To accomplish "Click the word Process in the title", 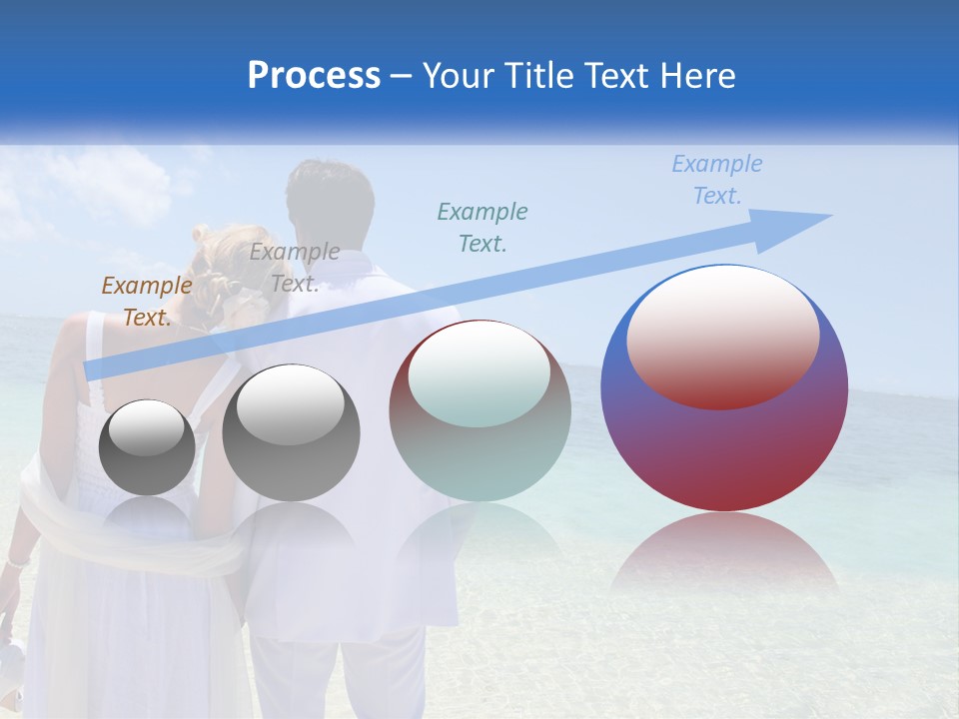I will click(x=314, y=76).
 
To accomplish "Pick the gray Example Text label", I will click(x=294, y=268).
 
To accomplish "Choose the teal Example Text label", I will click(x=482, y=227).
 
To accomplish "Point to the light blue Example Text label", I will click(x=716, y=180).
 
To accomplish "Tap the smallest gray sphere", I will click(x=147, y=447).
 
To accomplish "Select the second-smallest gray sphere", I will click(x=291, y=433).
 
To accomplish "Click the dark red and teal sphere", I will click(x=479, y=411).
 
